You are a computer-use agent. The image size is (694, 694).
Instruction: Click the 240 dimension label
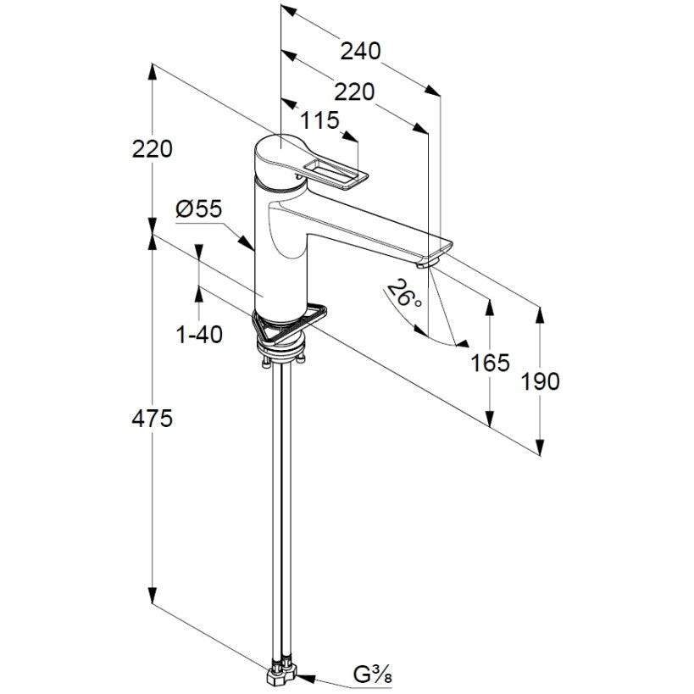[x=360, y=52]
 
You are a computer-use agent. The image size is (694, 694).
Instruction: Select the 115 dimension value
[x=319, y=120]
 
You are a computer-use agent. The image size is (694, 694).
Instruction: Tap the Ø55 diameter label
[x=199, y=209]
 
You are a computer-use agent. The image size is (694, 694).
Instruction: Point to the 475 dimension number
[x=152, y=419]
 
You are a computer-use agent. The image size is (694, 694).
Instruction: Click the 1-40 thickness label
[x=199, y=334]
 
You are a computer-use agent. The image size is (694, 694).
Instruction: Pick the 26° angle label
[x=404, y=294]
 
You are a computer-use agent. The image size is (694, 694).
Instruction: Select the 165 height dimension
[x=490, y=363]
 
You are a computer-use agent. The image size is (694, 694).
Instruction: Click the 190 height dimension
[x=540, y=381]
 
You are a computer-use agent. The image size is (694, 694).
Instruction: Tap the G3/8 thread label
[x=373, y=675]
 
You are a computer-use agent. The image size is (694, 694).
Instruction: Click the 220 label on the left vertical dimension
[x=153, y=149]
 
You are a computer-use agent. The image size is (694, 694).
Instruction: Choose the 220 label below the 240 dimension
[x=354, y=92]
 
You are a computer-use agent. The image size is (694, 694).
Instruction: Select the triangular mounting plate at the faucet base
[x=289, y=323]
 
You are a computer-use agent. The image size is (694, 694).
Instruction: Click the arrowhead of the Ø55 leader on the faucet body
[x=247, y=243]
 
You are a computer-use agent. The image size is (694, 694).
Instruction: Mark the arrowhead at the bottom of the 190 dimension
[x=540, y=447]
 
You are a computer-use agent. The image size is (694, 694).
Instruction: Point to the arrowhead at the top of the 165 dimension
[x=490, y=307]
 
